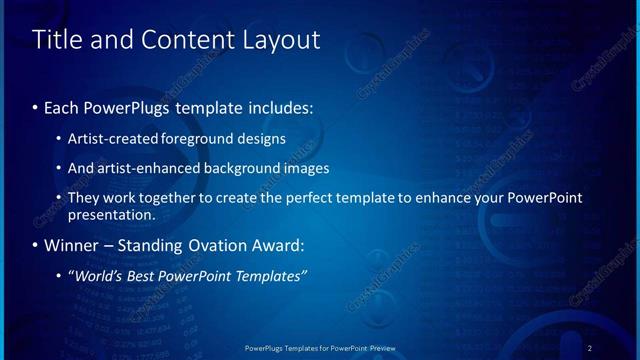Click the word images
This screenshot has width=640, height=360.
click(303, 168)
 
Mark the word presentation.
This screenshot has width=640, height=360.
click(111, 214)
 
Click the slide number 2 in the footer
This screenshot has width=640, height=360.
click(590, 347)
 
